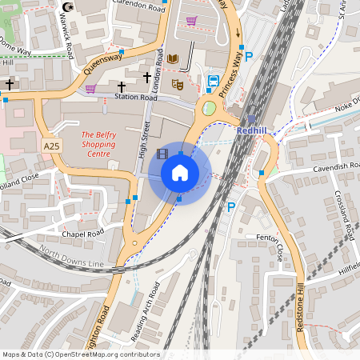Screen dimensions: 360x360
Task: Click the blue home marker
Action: pyautogui.click(x=180, y=173)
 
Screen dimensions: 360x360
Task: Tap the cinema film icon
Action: pyautogui.click(x=163, y=154)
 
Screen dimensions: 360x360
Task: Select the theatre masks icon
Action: pyautogui.click(x=178, y=83)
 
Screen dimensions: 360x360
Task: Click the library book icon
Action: pyautogui.click(x=173, y=59)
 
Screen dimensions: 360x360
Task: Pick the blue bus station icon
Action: pyautogui.click(x=214, y=81)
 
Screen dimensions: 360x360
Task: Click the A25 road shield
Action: pyautogui.click(x=52, y=146)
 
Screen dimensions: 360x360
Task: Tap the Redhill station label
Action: pyautogui.click(x=256, y=128)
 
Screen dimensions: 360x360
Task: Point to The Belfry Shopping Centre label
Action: pyautogui.click(x=98, y=144)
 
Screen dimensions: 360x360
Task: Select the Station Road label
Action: pyautogui.click(x=132, y=98)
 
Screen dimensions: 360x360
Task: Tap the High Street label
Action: pyautogui.click(x=146, y=138)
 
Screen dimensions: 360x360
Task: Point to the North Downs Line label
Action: pyautogui.click(x=72, y=259)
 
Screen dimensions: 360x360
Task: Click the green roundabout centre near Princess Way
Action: pyautogui.click(x=209, y=108)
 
